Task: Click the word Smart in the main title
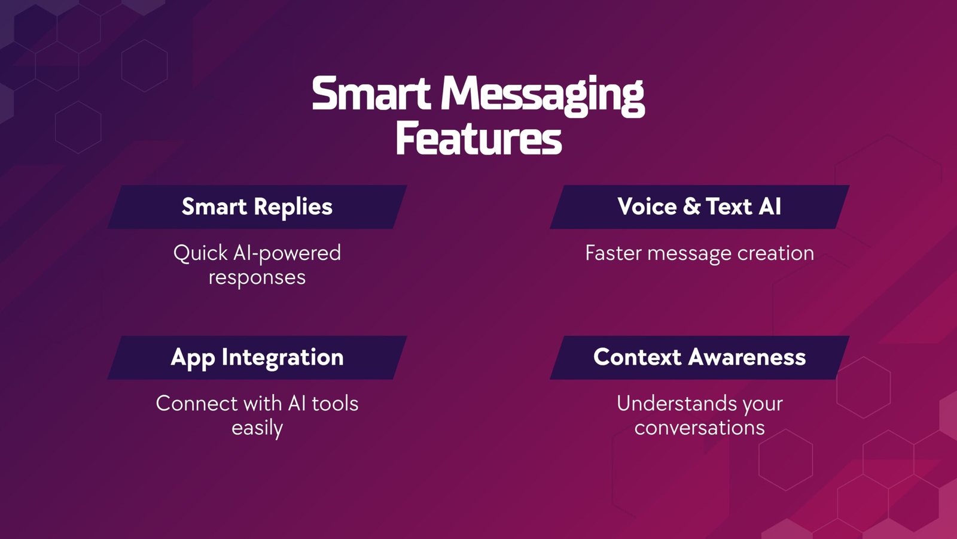click(x=371, y=95)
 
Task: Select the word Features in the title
click(x=478, y=139)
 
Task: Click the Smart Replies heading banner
click(x=257, y=207)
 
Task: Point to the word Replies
click(x=293, y=207)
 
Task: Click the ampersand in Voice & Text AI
click(x=691, y=207)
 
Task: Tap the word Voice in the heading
click(x=647, y=207)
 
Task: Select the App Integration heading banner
click(x=257, y=358)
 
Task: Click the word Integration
click(x=282, y=358)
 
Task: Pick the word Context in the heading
click(x=637, y=358)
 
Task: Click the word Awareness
click(x=747, y=358)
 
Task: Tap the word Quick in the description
click(x=200, y=253)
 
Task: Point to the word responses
click(x=257, y=278)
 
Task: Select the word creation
click(x=775, y=253)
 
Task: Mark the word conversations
click(x=699, y=428)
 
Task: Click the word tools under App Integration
click(x=335, y=404)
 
